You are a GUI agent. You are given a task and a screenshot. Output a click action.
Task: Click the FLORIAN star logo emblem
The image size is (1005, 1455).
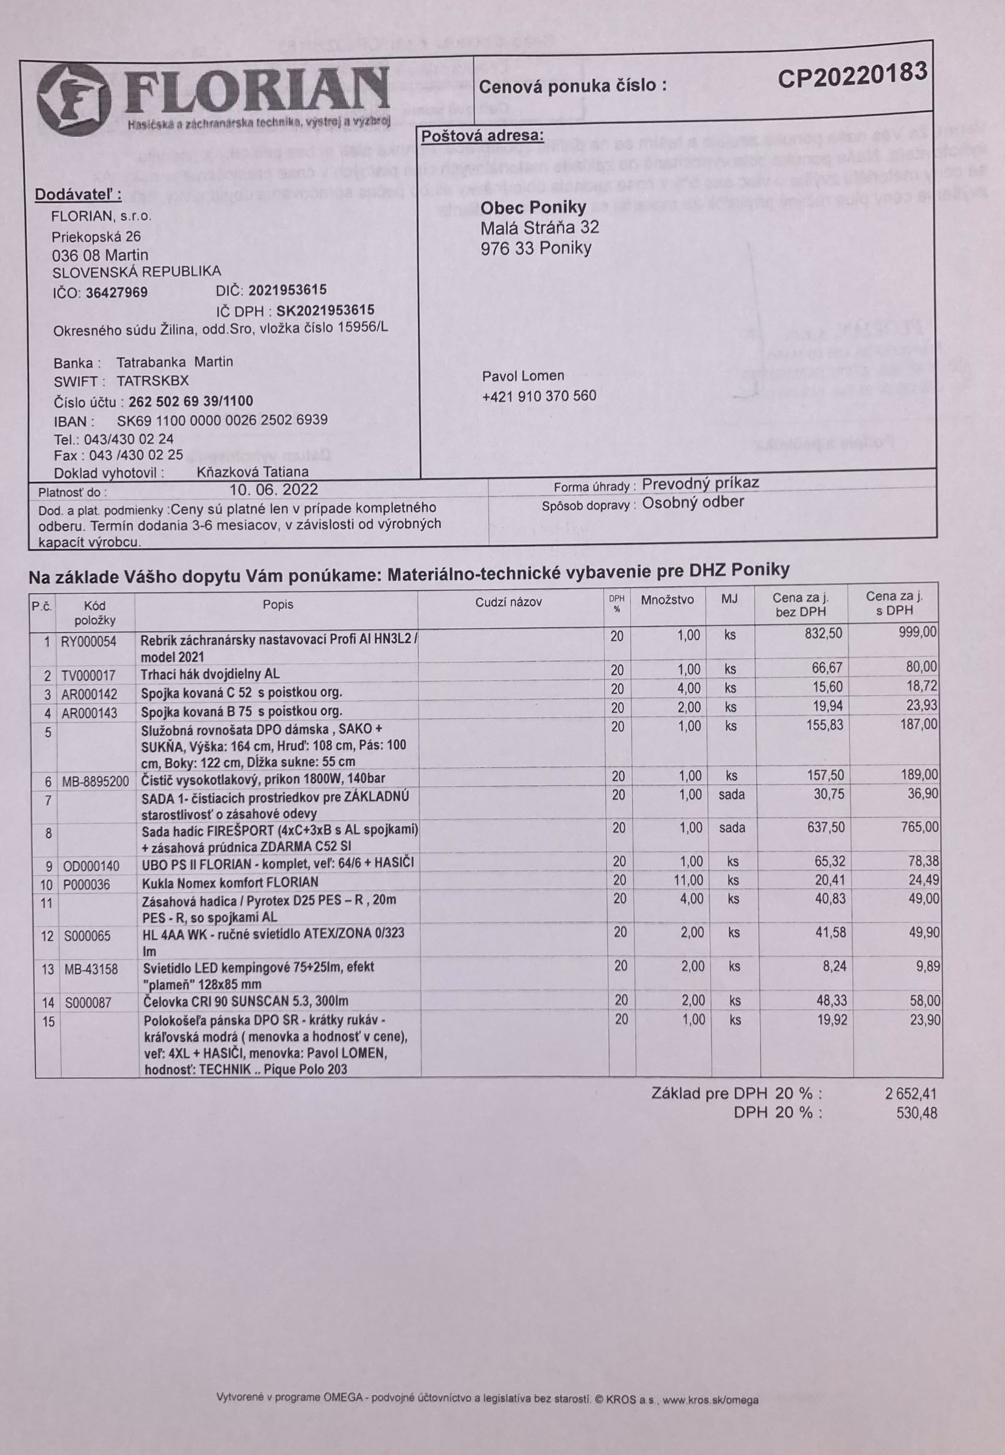click(74, 102)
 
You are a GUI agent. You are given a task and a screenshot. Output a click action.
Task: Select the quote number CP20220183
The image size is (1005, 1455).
click(851, 77)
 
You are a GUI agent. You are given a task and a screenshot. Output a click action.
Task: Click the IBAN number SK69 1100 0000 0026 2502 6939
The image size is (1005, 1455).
click(222, 420)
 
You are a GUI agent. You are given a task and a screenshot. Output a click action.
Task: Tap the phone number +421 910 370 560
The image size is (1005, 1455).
click(539, 396)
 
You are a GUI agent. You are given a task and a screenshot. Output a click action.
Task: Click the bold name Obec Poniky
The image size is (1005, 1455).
click(533, 207)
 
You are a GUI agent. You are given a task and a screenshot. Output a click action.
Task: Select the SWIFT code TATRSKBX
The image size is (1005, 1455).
click(152, 381)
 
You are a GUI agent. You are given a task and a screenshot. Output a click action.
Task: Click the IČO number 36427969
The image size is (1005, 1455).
click(116, 293)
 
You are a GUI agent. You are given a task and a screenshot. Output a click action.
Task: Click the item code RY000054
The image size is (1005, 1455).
click(88, 642)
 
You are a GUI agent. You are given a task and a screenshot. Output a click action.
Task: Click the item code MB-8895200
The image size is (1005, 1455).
click(95, 782)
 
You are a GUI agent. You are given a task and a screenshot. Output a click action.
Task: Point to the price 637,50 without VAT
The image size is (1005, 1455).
click(825, 827)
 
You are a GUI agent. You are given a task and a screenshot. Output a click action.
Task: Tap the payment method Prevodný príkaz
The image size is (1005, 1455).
click(700, 483)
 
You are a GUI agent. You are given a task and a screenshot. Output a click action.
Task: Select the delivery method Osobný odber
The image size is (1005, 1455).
click(693, 503)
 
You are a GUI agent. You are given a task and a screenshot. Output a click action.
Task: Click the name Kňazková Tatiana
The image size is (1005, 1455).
click(253, 472)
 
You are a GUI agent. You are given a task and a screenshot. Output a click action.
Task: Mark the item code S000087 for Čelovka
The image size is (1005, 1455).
click(87, 1003)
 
